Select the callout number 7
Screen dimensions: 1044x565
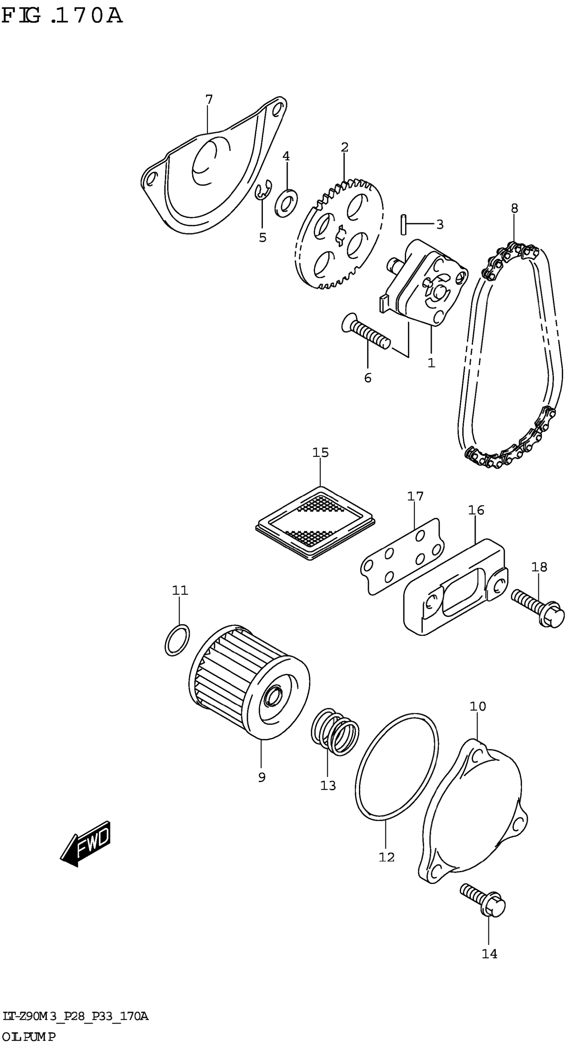click(x=209, y=99)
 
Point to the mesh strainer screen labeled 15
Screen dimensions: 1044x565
click(x=315, y=522)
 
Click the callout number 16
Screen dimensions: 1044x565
click(x=476, y=510)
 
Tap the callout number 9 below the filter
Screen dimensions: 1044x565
click(x=262, y=777)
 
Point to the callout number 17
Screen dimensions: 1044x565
click(x=415, y=496)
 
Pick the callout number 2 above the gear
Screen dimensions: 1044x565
click(x=344, y=147)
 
